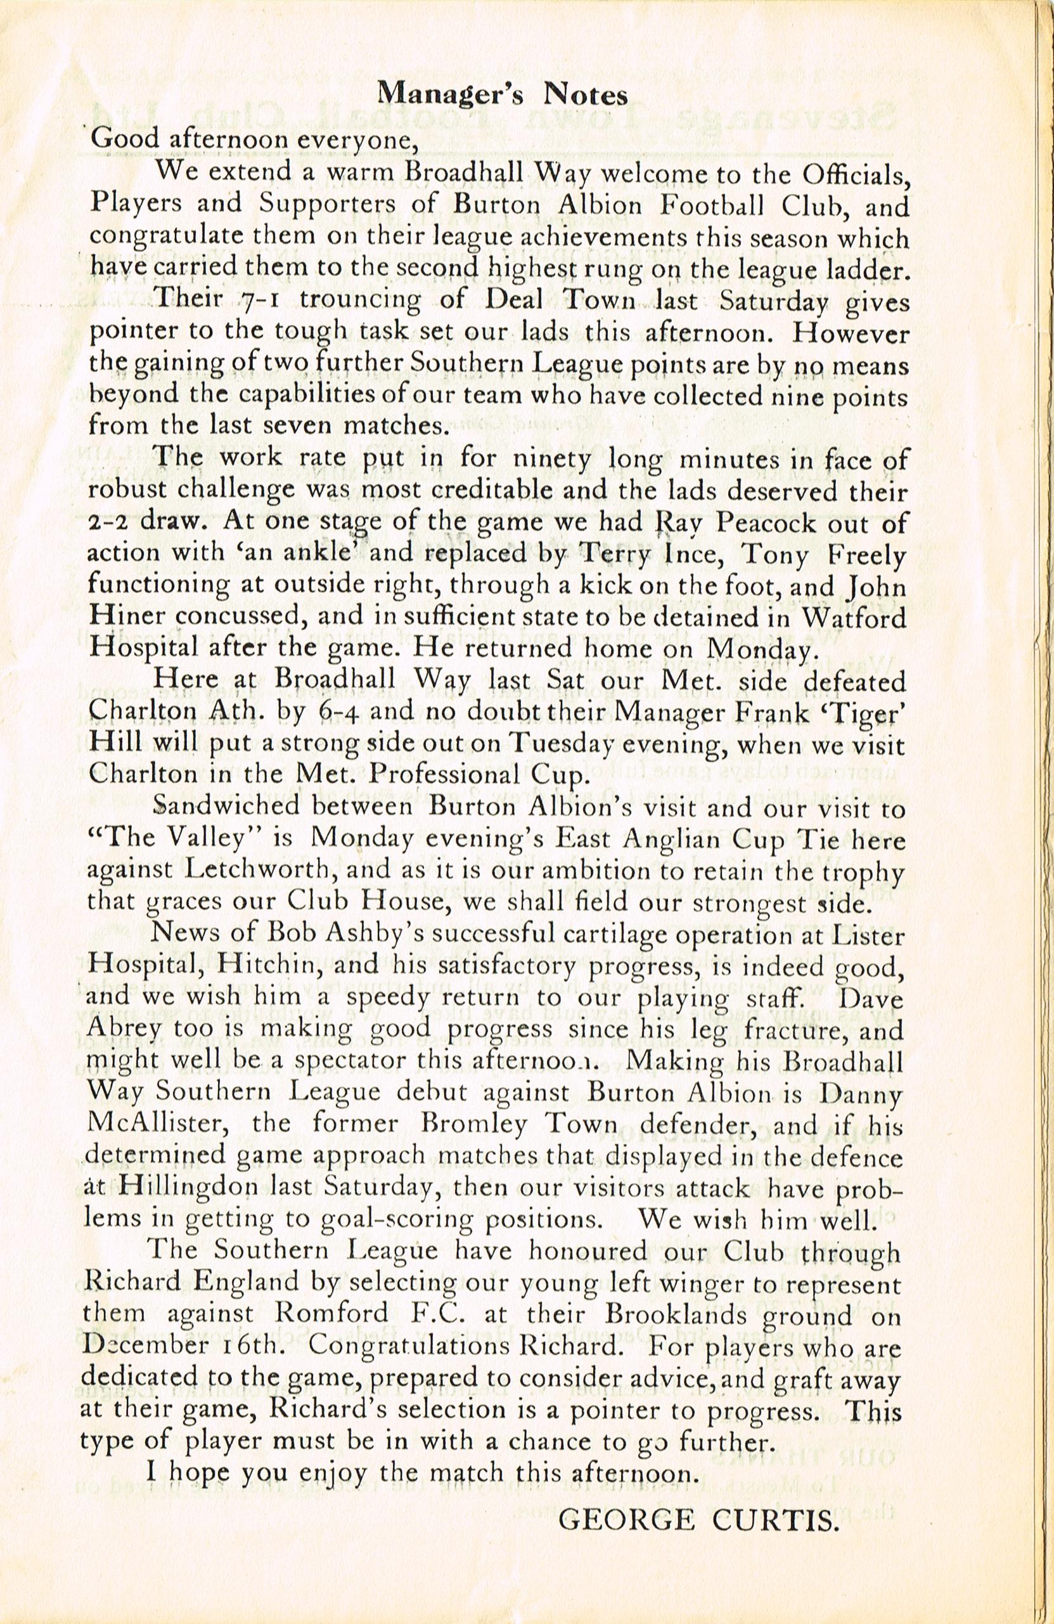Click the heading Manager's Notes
coord(503,96)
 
